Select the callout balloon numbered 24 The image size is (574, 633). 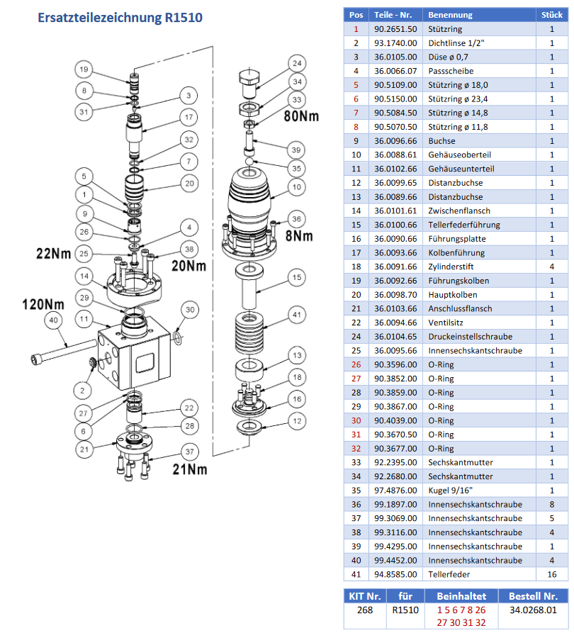[x=296, y=63]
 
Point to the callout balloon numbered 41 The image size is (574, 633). [x=296, y=315]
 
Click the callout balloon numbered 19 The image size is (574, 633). [x=84, y=69]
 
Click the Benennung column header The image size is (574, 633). [x=450, y=14]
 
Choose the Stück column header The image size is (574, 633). [x=552, y=14]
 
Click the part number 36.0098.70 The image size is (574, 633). [x=395, y=294]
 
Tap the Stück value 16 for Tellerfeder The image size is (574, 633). [x=552, y=574]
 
